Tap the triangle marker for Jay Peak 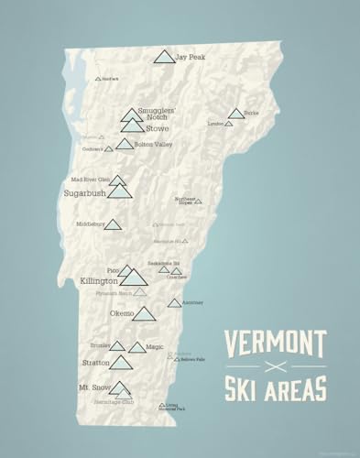164,59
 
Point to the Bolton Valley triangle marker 125,144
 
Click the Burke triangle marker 236,114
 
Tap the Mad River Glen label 91,180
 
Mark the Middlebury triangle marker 113,224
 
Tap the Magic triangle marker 136,347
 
